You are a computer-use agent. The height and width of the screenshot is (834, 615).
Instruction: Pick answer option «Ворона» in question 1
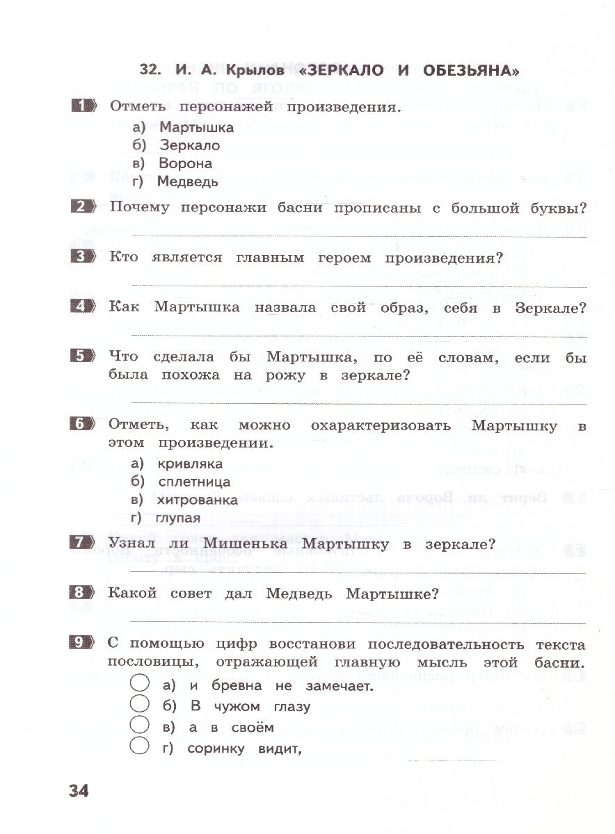(x=185, y=164)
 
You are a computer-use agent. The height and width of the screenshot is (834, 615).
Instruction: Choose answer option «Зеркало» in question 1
(x=189, y=145)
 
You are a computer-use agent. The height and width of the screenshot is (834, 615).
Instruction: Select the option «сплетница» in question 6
(x=194, y=482)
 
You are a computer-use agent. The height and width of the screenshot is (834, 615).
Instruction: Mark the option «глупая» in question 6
(x=179, y=518)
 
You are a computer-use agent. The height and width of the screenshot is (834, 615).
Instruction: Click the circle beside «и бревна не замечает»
(x=140, y=685)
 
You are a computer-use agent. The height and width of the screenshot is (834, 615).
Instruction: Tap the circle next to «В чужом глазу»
(x=140, y=705)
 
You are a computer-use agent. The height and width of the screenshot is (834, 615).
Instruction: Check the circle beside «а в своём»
(x=140, y=726)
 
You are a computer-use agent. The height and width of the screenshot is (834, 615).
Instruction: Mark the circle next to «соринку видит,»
(x=140, y=747)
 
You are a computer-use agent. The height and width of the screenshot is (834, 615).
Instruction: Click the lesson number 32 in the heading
(x=150, y=70)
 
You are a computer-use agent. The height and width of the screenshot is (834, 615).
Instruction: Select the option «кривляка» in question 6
(x=190, y=464)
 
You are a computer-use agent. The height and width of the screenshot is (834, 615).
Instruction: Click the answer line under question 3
(x=358, y=286)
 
